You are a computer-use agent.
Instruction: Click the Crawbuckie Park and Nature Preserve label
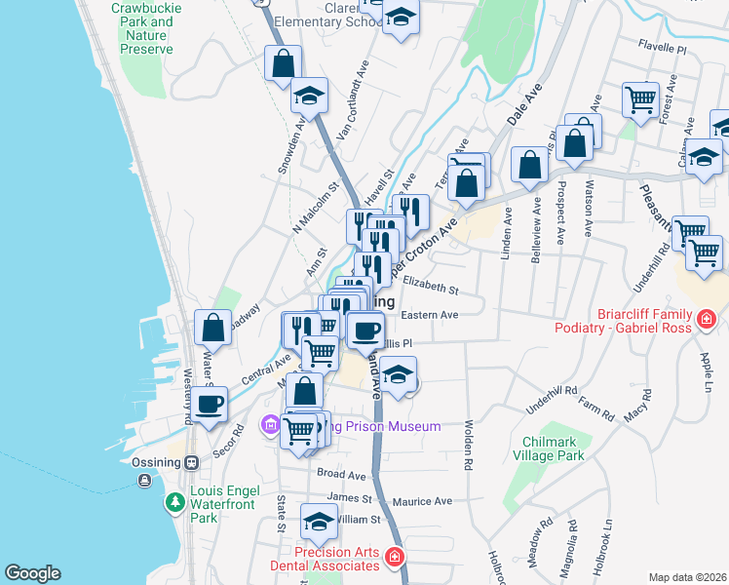(x=141, y=27)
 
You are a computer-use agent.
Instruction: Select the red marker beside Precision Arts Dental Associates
(x=394, y=558)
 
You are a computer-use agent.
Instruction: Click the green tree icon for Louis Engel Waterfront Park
(x=174, y=503)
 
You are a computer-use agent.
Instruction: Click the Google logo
(x=32, y=573)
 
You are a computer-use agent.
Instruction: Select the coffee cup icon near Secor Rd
(x=210, y=402)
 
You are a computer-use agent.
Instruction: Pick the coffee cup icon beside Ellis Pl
(x=365, y=331)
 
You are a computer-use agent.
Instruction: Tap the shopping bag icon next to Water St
(x=212, y=328)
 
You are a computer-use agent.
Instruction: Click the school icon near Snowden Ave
(x=309, y=96)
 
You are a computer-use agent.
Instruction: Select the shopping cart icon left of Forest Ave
(x=640, y=98)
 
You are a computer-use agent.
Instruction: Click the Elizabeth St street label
(x=430, y=289)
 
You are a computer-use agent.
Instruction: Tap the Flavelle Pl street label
(x=663, y=45)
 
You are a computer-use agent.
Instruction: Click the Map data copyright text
(x=686, y=577)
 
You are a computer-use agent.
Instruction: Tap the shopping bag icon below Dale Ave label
(x=529, y=165)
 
